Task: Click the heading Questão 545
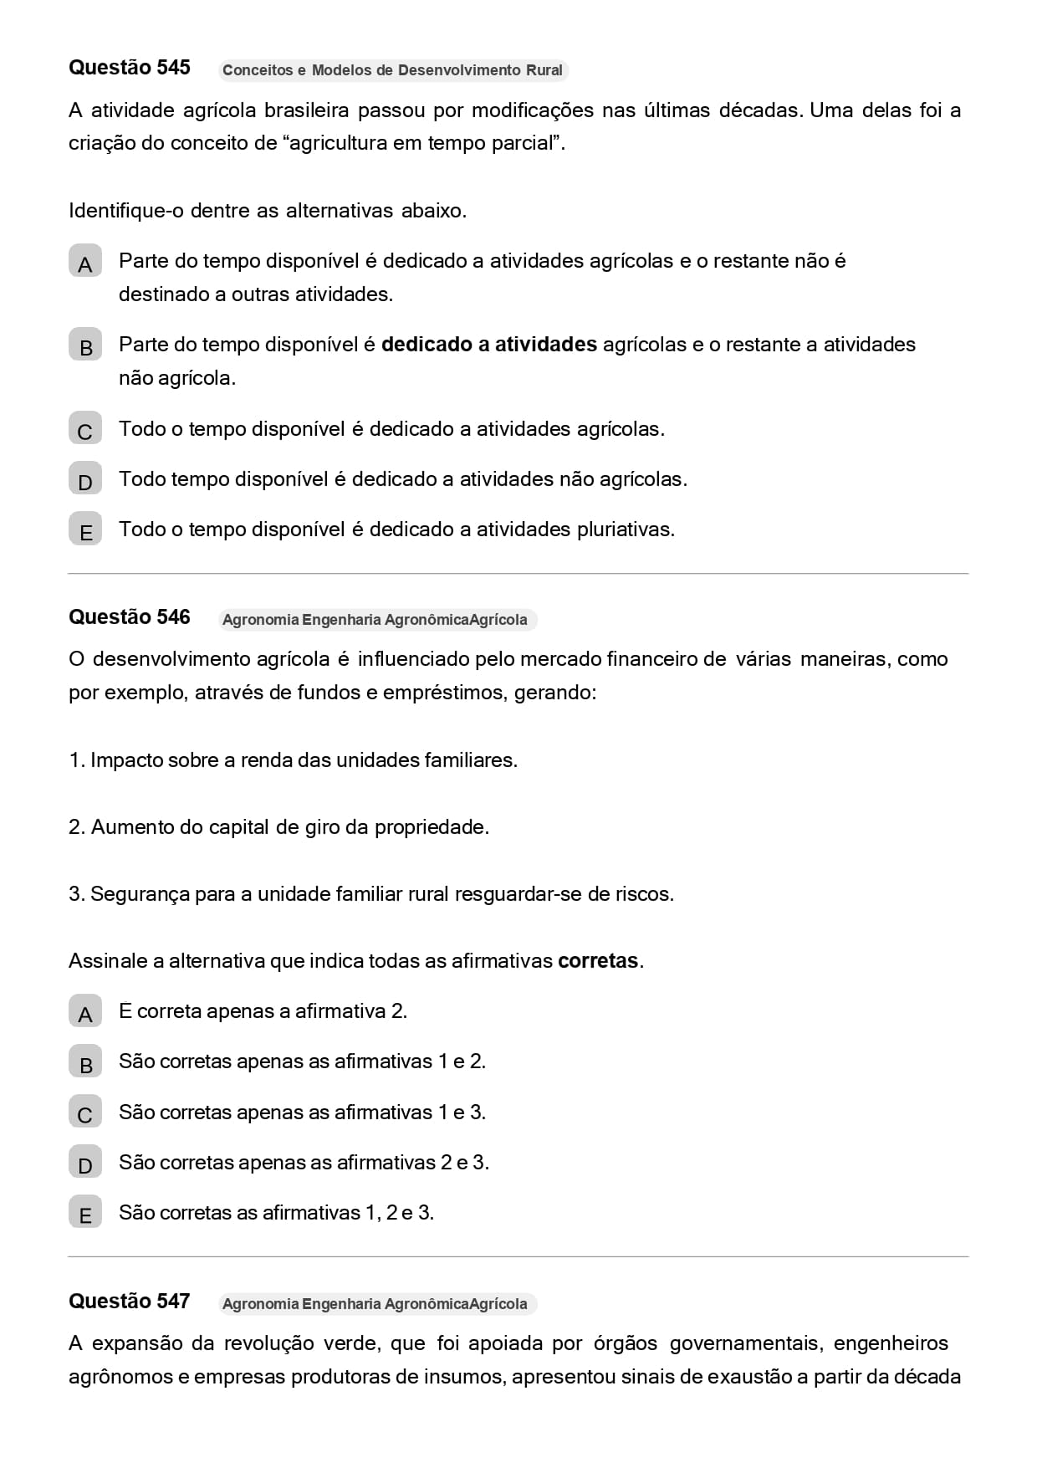pos(130,68)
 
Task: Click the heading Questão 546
pos(130,617)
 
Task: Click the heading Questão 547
pos(130,1302)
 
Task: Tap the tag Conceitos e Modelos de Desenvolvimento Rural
pos(392,70)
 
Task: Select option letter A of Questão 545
pos(85,264)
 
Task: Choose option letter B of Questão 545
pos(85,348)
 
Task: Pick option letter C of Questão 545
pos(85,432)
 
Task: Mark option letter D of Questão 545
pos(85,482)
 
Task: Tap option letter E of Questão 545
pos(85,532)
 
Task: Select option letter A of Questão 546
pos(85,1015)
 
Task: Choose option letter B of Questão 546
pos(85,1065)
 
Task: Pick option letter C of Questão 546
pos(85,1115)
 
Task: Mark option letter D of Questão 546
pos(85,1165)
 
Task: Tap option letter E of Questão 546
pos(85,1215)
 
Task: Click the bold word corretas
pos(598,961)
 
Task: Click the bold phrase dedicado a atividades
pos(489,345)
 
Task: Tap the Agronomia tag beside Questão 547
pos(375,1304)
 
